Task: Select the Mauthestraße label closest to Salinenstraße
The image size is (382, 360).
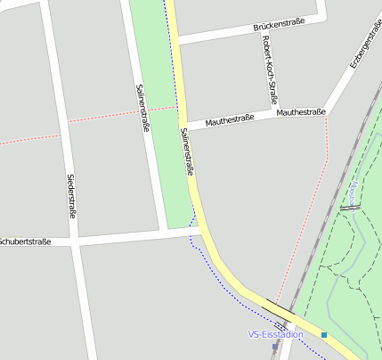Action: click(x=230, y=119)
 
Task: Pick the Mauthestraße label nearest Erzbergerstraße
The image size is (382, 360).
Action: click(x=300, y=113)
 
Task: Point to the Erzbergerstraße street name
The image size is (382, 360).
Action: click(x=359, y=48)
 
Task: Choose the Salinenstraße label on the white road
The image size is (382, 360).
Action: click(x=142, y=108)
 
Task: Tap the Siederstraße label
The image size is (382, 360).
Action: click(x=70, y=196)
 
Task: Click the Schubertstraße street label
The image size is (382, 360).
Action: click(x=25, y=241)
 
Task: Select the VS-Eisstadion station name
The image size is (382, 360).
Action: click(x=275, y=334)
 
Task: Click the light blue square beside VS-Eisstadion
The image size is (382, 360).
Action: click(x=324, y=335)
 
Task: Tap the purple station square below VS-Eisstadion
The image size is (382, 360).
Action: click(x=275, y=346)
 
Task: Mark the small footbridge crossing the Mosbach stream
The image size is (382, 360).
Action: click(x=350, y=208)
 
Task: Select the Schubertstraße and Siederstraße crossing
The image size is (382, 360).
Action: click(x=77, y=241)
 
